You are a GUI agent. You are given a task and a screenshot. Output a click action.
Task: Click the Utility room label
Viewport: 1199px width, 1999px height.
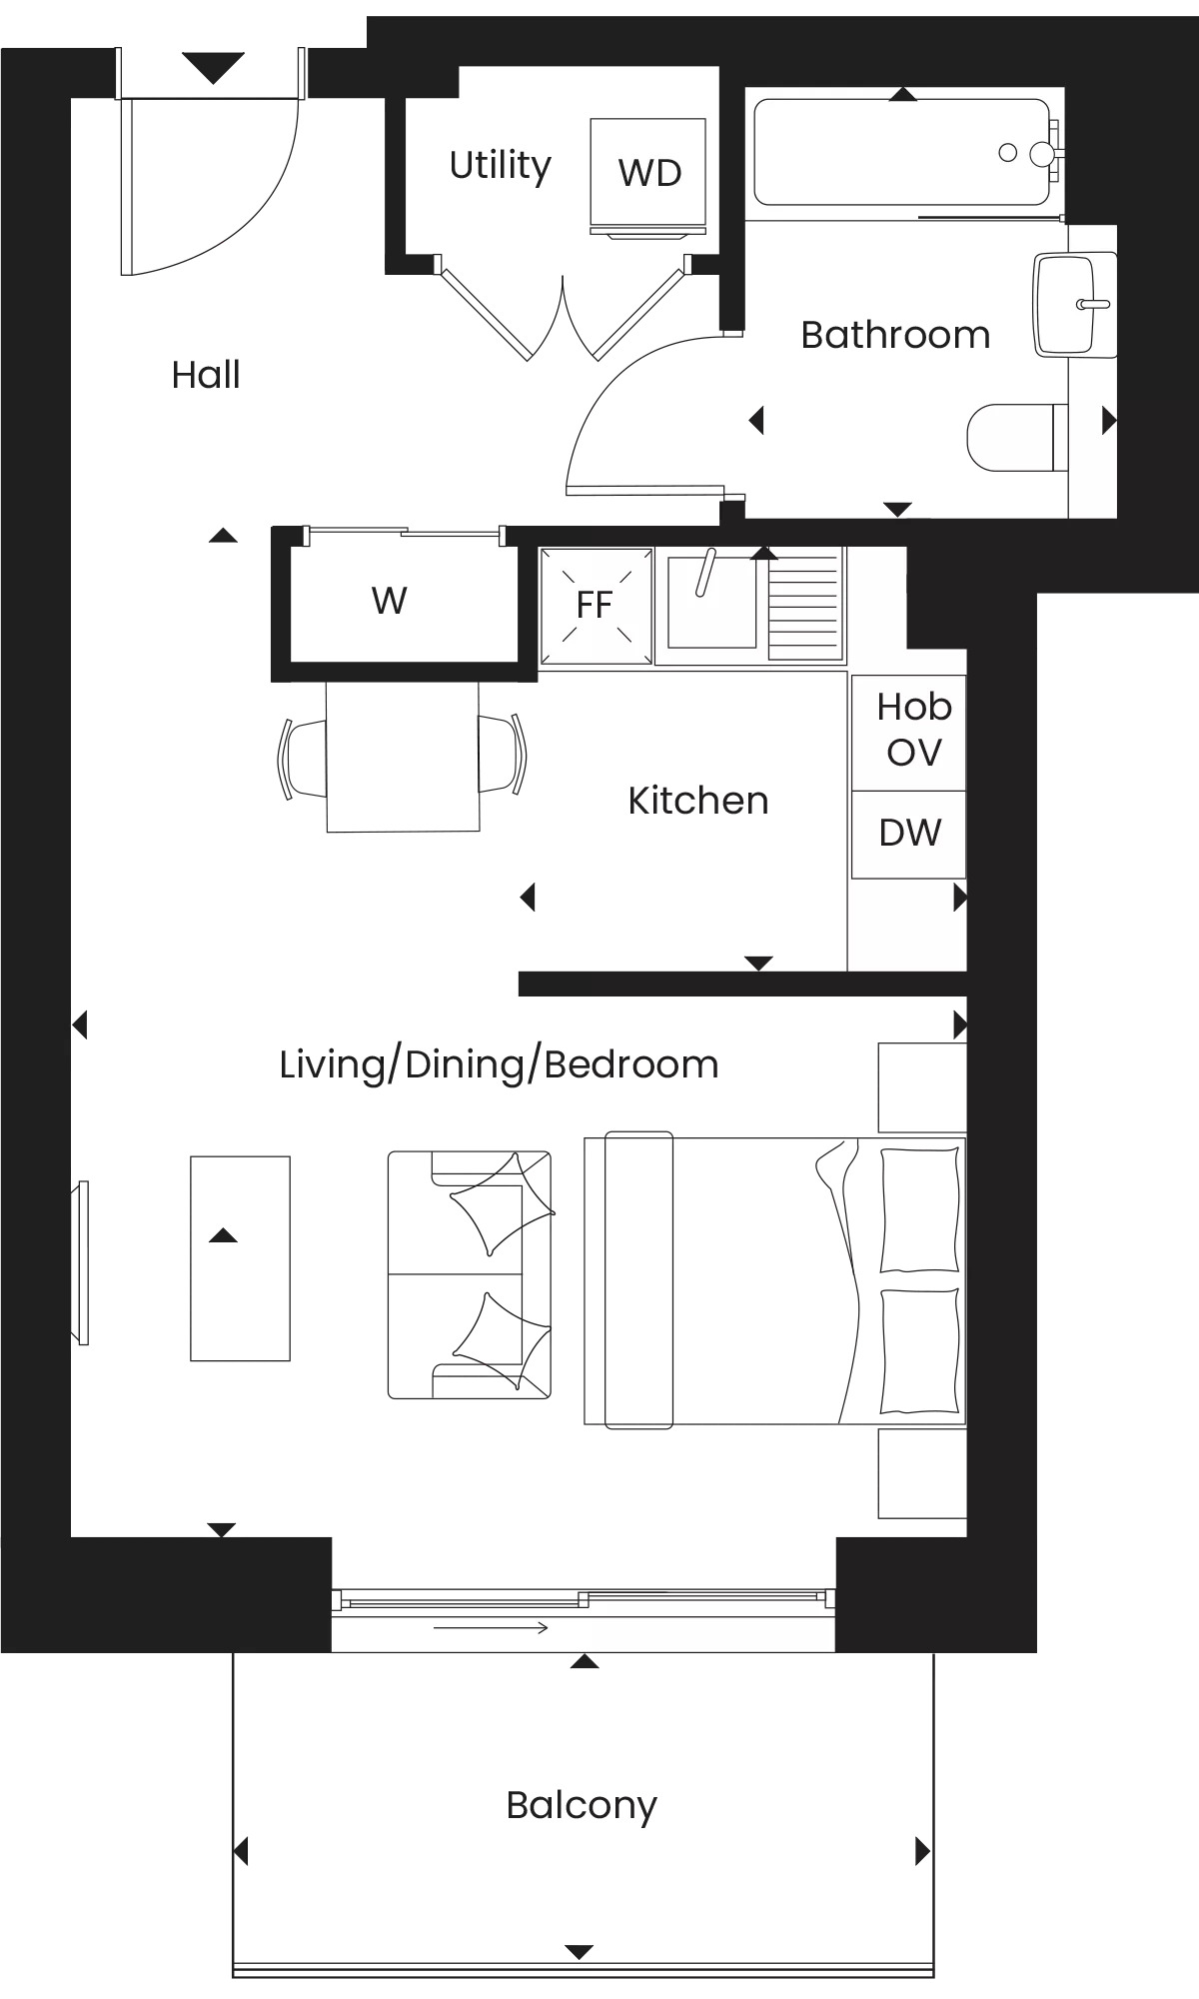(500, 166)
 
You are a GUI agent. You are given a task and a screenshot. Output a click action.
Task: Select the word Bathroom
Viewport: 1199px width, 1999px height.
(895, 335)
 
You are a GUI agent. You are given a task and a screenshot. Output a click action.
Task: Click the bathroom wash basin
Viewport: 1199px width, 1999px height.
(1074, 304)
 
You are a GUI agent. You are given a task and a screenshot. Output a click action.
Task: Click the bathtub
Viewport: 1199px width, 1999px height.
(903, 152)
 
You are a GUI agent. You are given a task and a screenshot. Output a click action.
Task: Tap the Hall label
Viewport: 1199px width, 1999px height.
(206, 375)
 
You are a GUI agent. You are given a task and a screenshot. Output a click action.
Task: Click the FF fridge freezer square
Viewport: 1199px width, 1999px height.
(596, 606)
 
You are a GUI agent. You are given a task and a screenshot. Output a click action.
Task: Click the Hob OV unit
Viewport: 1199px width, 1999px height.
(908, 732)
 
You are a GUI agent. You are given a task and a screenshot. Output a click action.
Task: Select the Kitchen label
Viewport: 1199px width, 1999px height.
(698, 801)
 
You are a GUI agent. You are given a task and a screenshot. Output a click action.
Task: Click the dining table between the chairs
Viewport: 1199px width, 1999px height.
(403, 756)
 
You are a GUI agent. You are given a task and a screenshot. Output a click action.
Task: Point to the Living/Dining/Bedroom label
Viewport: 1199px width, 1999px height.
(499, 1065)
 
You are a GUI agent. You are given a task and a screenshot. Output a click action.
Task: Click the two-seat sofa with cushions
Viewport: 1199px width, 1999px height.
(470, 1274)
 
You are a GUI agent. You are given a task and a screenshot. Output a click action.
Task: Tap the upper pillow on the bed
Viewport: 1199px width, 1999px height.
(919, 1209)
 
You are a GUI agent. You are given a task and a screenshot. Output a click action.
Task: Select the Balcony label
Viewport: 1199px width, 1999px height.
(582, 1806)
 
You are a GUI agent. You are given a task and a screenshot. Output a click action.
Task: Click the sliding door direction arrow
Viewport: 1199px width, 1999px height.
(491, 1628)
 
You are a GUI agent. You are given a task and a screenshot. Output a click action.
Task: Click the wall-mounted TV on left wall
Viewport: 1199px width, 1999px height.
(79, 1262)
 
